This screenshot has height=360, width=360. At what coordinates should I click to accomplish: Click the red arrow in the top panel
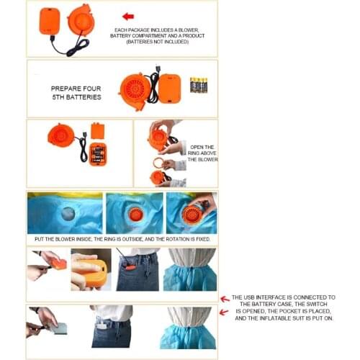(128, 17)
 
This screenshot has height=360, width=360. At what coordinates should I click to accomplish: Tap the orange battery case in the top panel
(50, 21)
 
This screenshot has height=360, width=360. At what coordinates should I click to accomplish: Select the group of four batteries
(199, 85)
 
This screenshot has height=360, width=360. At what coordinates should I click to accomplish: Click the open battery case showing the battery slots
(98, 154)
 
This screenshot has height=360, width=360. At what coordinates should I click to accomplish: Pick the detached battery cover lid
(98, 131)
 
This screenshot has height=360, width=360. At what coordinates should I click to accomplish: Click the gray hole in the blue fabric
(68, 214)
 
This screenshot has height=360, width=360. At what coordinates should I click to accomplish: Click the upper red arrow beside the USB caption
(225, 299)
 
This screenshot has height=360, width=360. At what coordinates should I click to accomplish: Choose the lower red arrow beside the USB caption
(224, 312)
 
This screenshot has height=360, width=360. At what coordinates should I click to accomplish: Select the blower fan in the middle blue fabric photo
(135, 215)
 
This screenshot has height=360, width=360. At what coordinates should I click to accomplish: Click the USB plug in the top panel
(52, 39)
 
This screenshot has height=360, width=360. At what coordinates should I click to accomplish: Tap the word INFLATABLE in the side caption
(273, 318)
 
